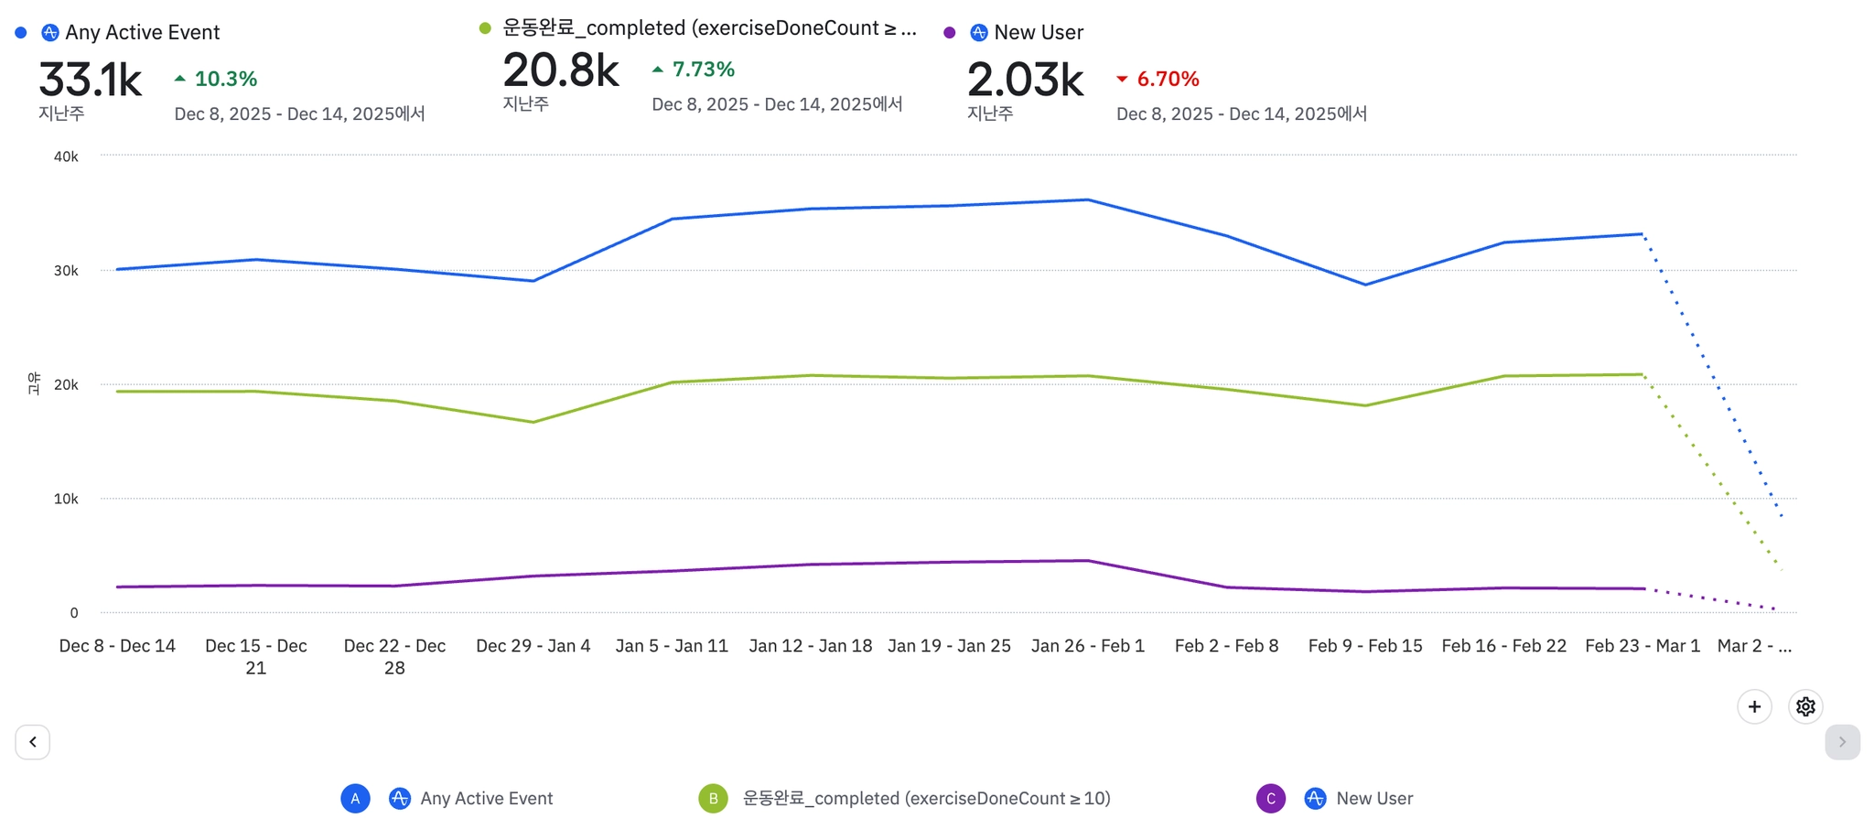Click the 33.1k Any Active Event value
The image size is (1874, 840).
click(x=90, y=81)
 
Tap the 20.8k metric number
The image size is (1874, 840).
click(x=561, y=71)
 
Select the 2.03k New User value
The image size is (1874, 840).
click(x=1025, y=81)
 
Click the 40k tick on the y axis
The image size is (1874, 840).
click(x=66, y=156)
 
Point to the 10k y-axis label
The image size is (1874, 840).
click(x=66, y=499)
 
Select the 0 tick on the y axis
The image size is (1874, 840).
click(x=74, y=613)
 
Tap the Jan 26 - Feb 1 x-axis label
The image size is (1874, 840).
click(x=1087, y=646)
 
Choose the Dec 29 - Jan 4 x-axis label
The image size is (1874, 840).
click(x=533, y=646)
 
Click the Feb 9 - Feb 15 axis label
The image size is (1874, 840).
click(x=1364, y=646)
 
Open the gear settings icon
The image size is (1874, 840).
click(x=1804, y=706)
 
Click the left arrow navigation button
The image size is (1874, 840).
click(x=33, y=742)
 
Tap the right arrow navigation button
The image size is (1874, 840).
click(x=1842, y=742)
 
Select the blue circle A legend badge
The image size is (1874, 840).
click(x=355, y=798)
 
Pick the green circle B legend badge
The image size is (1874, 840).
click(x=713, y=798)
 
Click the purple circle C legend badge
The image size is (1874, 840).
click(x=1270, y=798)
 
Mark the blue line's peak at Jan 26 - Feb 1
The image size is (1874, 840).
click(x=1087, y=199)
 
